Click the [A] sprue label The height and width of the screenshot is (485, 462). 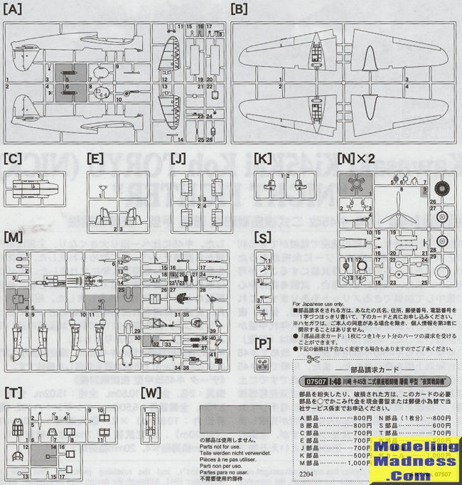[13, 9]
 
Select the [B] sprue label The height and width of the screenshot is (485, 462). [240, 9]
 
